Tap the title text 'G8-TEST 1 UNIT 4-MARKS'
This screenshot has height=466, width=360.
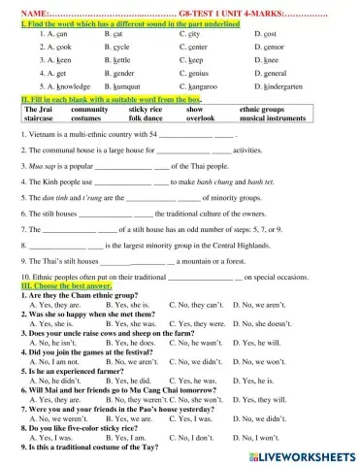coord(224,10)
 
